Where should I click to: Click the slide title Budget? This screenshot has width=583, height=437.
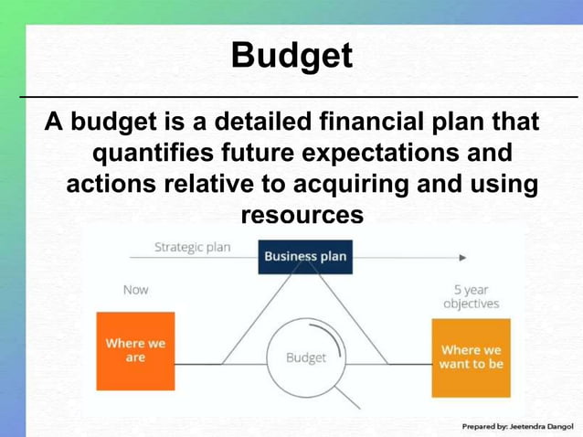point(291,56)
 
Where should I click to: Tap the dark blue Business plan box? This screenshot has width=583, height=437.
point(305,256)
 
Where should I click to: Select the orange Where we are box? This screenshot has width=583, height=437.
point(135,350)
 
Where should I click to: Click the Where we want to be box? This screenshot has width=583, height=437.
point(471,357)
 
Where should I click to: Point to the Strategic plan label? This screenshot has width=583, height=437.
point(193,247)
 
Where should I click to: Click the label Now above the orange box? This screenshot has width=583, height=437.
point(135,290)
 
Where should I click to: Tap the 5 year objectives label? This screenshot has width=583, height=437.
point(471,296)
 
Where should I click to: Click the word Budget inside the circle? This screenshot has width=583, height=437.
point(305,357)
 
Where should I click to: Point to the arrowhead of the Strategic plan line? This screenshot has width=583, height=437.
point(462,258)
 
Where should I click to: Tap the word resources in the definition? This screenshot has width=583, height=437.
point(302,215)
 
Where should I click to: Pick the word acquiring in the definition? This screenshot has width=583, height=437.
point(350,184)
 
